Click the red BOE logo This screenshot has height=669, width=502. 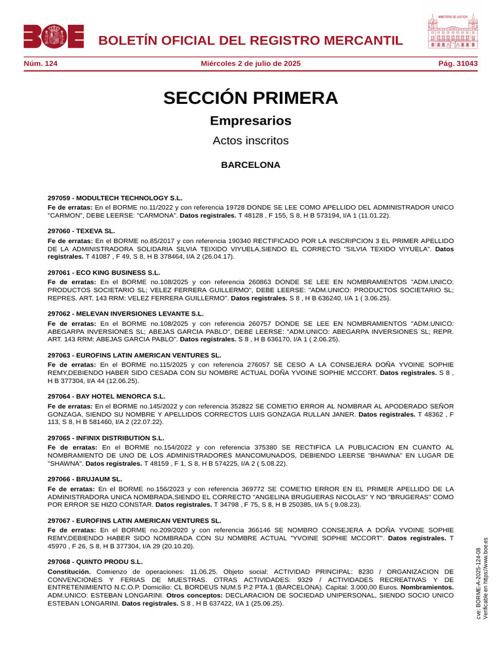pyautogui.click(x=54, y=37)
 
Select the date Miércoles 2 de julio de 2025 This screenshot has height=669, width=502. pyautogui.click(x=250, y=63)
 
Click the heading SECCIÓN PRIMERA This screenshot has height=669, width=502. pyautogui.click(x=250, y=98)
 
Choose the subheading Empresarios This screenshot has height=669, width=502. pyautogui.click(x=250, y=121)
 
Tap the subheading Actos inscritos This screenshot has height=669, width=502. pyautogui.click(x=250, y=140)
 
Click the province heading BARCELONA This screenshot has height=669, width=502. pyautogui.click(x=250, y=165)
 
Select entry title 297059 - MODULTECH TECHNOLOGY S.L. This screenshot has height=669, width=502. pyautogui.click(x=115, y=197)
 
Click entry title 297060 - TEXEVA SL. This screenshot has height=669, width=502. pyautogui.click(x=81, y=231)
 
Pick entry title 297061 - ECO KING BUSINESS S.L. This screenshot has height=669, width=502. pyautogui.click(x=104, y=272)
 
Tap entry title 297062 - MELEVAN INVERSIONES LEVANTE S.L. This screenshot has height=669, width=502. pyautogui.click(x=125, y=314)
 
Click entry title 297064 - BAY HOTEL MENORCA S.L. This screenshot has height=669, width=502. pyautogui.click(x=107, y=396)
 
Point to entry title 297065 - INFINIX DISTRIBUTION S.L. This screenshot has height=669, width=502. pyautogui.click(x=106, y=438)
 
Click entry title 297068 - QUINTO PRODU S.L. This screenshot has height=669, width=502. pyautogui.click(x=95, y=561)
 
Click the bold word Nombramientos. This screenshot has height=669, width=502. pyautogui.click(x=426, y=587)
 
